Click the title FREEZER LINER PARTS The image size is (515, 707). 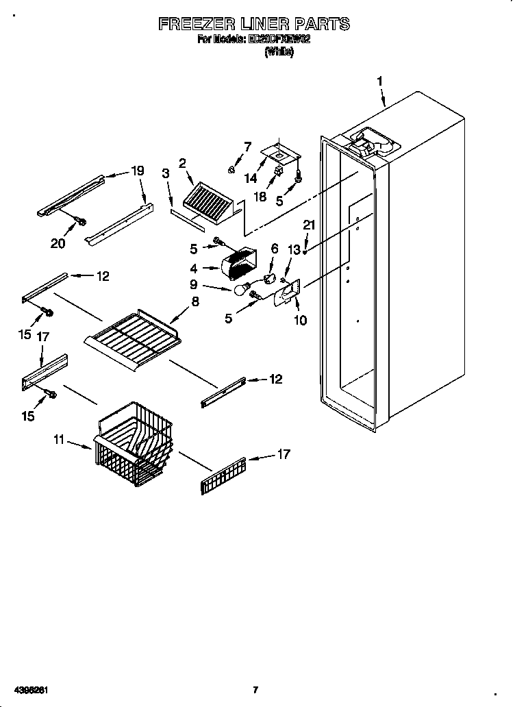(254, 24)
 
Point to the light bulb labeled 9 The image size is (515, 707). (240, 290)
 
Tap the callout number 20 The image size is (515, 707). (58, 243)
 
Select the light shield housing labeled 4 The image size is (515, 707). (238, 263)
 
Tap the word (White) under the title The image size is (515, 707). (279, 52)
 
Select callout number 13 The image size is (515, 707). (294, 250)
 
